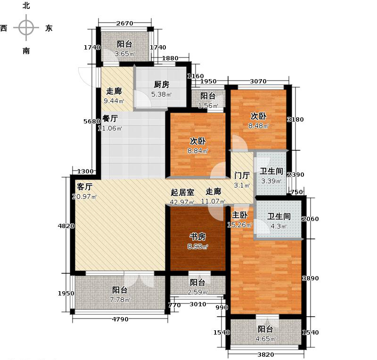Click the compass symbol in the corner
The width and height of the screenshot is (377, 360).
pyautogui.click(x=26, y=28)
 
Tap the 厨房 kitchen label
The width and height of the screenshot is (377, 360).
pyautogui.click(x=161, y=85)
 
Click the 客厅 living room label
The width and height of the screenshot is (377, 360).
pyautogui.click(x=84, y=187)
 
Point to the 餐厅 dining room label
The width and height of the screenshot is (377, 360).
pyautogui.click(x=110, y=119)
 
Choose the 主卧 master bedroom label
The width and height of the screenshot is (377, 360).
pyautogui.click(x=240, y=215)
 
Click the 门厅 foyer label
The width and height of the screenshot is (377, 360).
pyautogui.click(x=242, y=175)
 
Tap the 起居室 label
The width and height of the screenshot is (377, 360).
pyautogui.click(x=182, y=192)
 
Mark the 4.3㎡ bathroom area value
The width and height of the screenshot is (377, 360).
pyautogui.click(x=277, y=226)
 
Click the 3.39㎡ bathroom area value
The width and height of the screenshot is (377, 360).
pyautogui.click(x=271, y=181)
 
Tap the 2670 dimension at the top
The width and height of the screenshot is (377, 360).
pyautogui.click(x=125, y=24)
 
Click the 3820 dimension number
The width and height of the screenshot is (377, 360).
pyautogui.click(x=265, y=355)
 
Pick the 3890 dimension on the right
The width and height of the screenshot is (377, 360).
pyautogui.click(x=310, y=278)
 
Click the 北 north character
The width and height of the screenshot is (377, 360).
pyautogui.click(x=26, y=6)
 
